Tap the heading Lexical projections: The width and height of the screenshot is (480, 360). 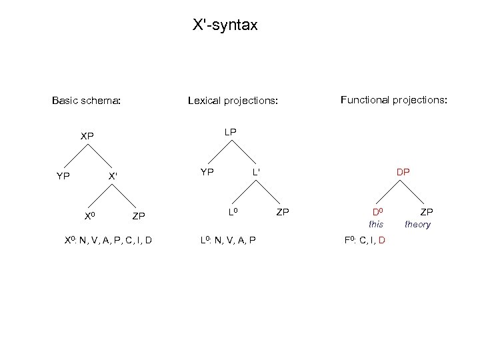(x=232, y=101)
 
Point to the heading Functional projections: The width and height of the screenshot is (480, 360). (x=394, y=100)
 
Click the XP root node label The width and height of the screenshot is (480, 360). (x=87, y=136)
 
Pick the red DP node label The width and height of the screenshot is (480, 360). (x=403, y=171)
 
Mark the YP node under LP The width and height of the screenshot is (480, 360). (x=207, y=172)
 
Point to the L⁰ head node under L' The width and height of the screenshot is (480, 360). (x=233, y=211)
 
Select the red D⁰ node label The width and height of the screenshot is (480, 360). (x=377, y=213)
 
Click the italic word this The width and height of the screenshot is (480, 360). (x=377, y=225)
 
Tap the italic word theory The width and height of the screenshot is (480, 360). (x=418, y=225)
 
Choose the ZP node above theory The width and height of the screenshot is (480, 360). (x=426, y=212)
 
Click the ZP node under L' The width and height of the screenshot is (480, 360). (x=283, y=212)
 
